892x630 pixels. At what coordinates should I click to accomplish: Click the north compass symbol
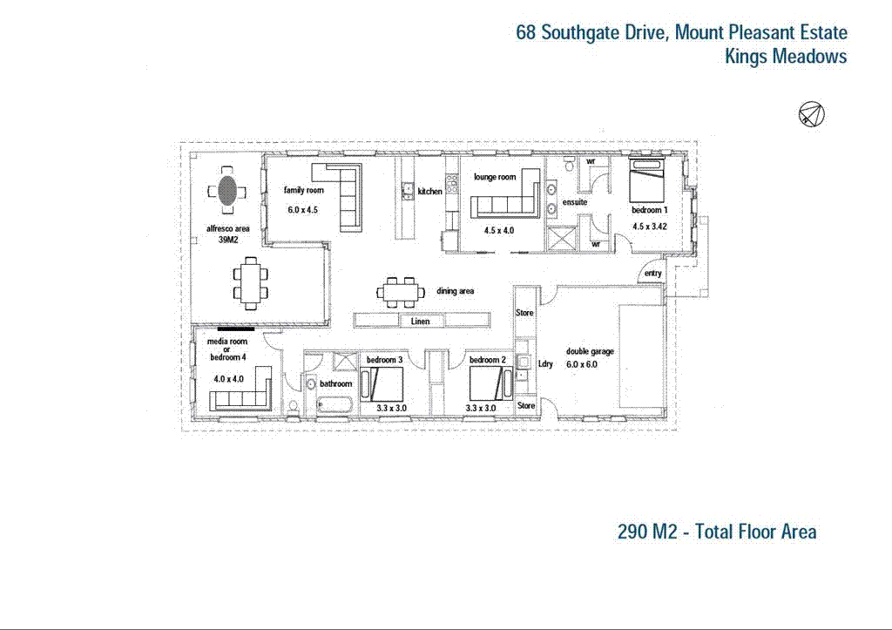click(811, 114)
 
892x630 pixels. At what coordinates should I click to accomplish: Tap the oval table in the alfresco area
click(227, 191)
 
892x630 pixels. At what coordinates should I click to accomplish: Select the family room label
click(303, 190)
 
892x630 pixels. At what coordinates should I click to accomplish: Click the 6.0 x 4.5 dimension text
click(304, 209)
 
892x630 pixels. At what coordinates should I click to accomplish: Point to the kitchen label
click(429, 192)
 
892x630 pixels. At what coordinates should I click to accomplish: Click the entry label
click(652, 274)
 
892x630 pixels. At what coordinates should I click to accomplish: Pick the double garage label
click(590, 352)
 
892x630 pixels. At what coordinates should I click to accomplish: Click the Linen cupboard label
click(419, 322)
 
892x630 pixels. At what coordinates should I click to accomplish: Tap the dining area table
click(398, 292)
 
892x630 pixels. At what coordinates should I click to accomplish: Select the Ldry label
click(546, 364)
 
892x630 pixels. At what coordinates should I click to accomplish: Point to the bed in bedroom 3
click(383, 384)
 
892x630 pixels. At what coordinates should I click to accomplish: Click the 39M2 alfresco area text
click(228, 240)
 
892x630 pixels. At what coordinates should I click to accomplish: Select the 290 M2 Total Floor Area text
click(716, 532)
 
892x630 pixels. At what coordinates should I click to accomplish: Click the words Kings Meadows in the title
click(786, 57)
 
